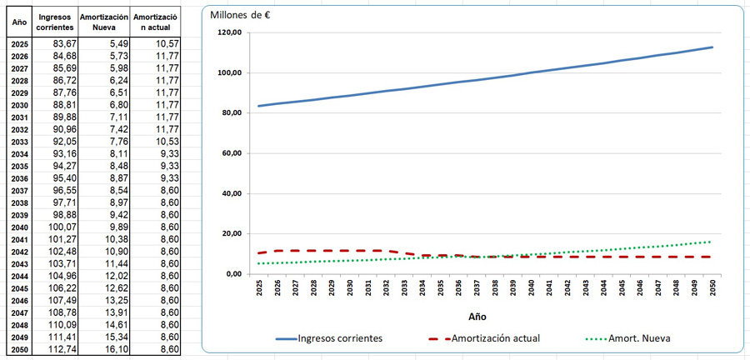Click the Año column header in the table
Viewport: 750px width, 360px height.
(20, 22)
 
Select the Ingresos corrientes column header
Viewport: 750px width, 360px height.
(55, 22)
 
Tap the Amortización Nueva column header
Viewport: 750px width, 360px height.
(104, 22)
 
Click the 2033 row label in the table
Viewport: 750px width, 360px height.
(20, 142)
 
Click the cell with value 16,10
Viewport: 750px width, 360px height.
(116, 349)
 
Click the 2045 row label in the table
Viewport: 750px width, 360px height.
(20, 289)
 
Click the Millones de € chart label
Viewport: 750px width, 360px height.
(241, 15)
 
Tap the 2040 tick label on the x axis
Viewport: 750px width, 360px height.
(532, 287)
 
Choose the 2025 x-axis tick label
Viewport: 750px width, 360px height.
(260, 287)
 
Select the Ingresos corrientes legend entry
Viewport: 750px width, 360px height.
(329, 338)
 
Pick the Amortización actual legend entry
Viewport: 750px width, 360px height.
(483, 338)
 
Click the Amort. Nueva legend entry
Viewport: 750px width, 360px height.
(627, 338)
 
